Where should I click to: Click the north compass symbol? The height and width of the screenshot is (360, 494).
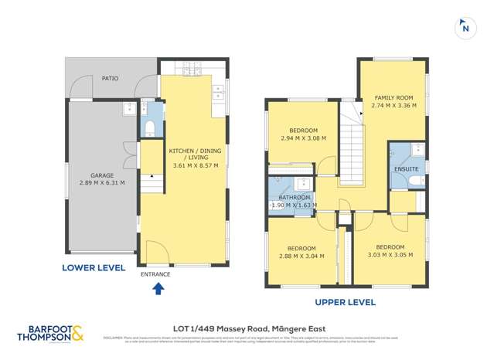[x=465, y=27]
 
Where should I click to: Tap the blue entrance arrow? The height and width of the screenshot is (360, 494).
[x=158, y=289]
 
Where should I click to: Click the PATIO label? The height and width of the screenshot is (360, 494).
[x=111, y=78]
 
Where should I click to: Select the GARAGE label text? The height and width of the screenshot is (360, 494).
[x=101, y=175]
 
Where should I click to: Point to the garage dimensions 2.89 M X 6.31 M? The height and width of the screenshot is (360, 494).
[x=101, y=183]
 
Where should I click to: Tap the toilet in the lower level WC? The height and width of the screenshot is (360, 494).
[x=150, y=127]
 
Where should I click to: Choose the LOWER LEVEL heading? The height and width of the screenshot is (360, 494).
[x=94, y=268]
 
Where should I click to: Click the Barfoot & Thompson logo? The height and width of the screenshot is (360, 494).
[x=50, y=333]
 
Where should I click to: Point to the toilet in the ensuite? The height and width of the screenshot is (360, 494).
[x=416, y=180]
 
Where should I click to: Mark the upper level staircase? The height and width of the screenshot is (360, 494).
[x=353, y=147]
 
